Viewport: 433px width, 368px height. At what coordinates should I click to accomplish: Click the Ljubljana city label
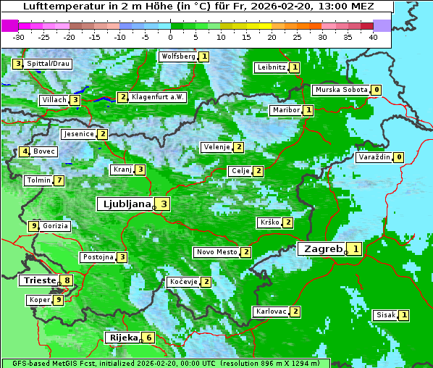click(125, 204)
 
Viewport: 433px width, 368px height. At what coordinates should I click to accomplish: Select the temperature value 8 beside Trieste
click(67, 280)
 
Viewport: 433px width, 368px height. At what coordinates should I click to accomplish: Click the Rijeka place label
click(122, 338)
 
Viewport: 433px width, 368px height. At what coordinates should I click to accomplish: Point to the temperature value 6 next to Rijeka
click(148, 338)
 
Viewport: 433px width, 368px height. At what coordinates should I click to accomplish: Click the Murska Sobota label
click(340, 90)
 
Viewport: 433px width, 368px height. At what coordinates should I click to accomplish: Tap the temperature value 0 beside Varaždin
click(398, 157)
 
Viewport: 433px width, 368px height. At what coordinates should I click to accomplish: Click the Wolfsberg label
click(178, 57)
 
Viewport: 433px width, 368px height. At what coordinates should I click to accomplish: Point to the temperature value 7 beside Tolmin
click(59, 180)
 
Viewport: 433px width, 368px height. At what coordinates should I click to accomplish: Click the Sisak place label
click(385, 315)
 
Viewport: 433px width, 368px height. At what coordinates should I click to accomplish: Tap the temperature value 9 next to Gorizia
click(33, 226)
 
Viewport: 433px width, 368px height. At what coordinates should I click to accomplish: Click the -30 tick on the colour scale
click(19, 36)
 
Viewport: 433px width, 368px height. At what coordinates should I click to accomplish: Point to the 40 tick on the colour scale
click(373, 36)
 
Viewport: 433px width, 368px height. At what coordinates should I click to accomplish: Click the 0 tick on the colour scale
click(171, 36)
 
